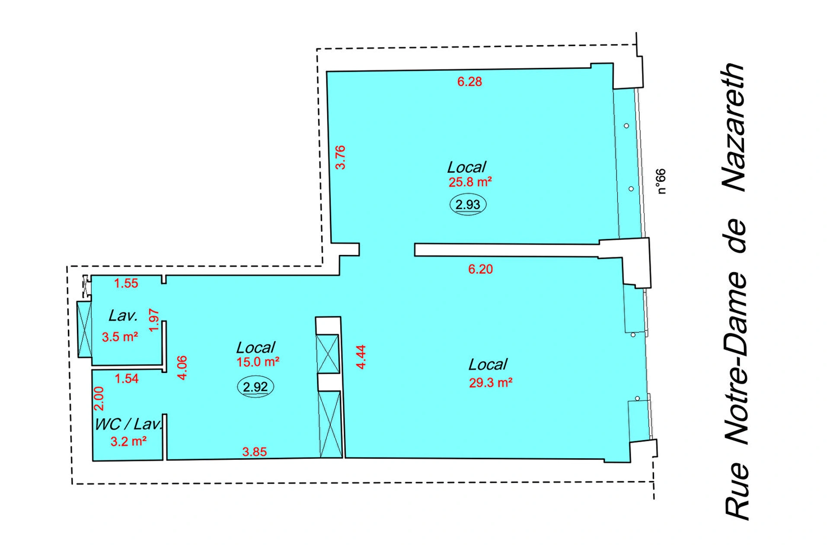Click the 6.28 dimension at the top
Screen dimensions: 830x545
click(469, 82)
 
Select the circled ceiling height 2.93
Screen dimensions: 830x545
click(468, 204)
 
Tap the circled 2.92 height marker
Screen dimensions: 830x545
click(255, 386)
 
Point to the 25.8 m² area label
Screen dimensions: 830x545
click(470, 182)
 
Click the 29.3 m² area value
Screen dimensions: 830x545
click(491, 382)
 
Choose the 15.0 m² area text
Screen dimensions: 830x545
click(258, 362)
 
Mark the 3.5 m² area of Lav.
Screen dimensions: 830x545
click(120, 337)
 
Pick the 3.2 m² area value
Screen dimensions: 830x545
click(128, 441)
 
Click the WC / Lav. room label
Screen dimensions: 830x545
click(129, 424)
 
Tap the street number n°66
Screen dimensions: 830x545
click(661, 182)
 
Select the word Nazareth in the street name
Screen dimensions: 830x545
click(735, 127)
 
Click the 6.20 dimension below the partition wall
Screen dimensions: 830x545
click(480, 269)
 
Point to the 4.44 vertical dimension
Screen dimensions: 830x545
click(361, 357)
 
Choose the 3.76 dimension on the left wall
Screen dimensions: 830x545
click(341, 157)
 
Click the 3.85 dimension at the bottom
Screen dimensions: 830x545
click(255, 452)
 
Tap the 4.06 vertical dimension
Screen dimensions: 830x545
click(182, 368)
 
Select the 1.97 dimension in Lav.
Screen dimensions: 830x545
click(154, 320)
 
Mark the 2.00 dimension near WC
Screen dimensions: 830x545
click(99, 398)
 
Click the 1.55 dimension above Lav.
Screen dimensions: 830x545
click(126, 284)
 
